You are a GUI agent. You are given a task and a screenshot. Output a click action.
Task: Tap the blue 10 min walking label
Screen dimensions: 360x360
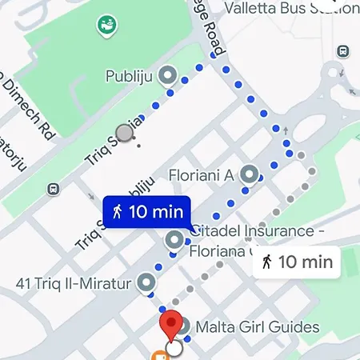146,212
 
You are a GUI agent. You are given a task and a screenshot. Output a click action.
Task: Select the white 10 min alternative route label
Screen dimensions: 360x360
297,261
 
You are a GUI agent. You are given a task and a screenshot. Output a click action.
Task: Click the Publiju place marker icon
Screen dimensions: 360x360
167,76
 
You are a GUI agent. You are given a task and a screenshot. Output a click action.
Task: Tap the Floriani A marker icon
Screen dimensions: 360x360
250,174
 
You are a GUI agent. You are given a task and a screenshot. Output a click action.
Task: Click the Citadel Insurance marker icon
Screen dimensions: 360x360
174,239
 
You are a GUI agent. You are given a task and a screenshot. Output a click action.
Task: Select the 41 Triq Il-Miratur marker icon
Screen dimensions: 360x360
146,282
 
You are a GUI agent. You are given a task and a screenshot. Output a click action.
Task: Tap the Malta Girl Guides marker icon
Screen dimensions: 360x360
182,326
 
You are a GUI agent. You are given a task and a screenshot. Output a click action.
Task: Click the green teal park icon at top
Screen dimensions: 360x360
106,26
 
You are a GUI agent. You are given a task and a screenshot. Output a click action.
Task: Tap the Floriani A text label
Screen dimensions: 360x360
201,174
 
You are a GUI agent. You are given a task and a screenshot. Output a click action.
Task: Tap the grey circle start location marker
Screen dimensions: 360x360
124,133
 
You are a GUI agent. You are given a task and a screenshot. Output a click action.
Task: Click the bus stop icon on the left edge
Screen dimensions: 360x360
53,190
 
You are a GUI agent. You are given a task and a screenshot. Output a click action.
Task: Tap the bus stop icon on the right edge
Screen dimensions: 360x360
343,51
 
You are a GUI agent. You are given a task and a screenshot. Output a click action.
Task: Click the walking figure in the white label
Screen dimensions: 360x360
267,261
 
